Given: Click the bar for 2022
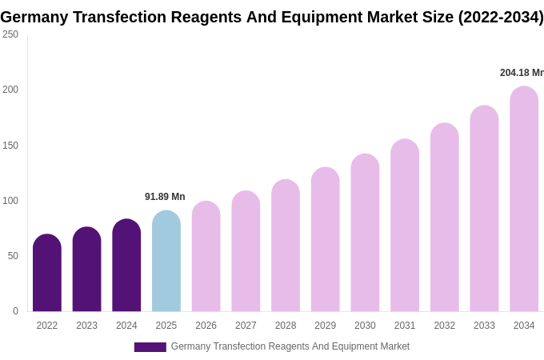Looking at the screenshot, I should coord(47,274).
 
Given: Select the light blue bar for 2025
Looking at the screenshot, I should coord(166,262).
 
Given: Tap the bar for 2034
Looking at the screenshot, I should coord(524,199).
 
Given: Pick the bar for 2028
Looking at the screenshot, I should coord(286,246).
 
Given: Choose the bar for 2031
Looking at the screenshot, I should coord(405,226).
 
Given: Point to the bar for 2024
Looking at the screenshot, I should coord(126,266).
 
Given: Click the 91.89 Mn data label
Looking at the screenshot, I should coord(165,197).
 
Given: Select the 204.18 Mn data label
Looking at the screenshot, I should coord(522,73).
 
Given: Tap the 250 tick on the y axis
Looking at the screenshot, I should coord(10,34).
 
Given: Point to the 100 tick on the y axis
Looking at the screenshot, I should coord(10,201).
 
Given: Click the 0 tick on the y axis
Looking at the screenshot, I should coord(15,311).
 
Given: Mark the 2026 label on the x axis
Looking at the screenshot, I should coord(206,326).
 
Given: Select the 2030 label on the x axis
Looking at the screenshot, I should coord(365,326).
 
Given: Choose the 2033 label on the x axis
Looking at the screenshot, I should coord(484,326).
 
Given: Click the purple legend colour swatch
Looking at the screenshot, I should coord(150,347).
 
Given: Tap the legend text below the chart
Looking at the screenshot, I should coord(290,346).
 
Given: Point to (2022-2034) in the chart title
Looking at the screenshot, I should coord(501,17).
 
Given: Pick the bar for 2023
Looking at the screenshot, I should coord(87,270).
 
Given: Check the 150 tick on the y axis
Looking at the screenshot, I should coord(10,146).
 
